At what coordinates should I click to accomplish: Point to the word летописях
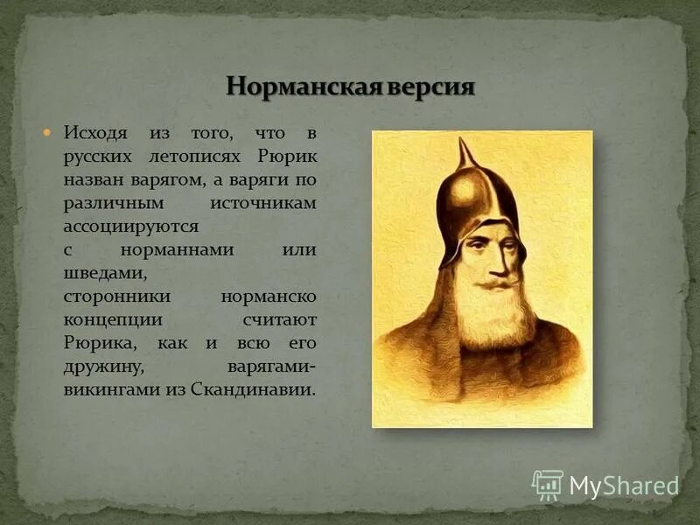(x=204, y=157)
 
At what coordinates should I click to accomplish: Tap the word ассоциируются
(x=131, y=226)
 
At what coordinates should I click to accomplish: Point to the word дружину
(x=96, y=366)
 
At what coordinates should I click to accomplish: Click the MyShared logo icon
(x=547, y=485)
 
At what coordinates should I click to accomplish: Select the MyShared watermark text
(x=624, y=486)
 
